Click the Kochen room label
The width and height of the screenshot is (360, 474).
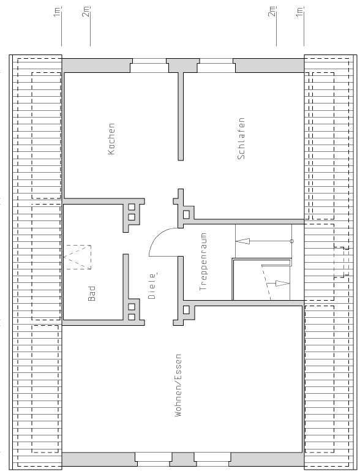point(111,138)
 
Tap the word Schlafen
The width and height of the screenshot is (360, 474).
point(241,138)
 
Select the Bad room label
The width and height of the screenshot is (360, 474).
point(92,293)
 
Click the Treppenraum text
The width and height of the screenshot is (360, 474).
point(203,260)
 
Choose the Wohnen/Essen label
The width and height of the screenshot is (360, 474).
point(178,385)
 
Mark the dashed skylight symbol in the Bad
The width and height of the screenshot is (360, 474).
point(78,257)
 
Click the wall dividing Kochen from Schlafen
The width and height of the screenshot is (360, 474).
point(181,116)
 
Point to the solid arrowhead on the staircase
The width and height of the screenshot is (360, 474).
point(239,241)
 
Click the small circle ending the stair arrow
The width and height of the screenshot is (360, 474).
point(291,241)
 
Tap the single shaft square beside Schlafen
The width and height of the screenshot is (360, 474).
point(186,214)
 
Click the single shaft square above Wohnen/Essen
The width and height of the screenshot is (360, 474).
point(186,309)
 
